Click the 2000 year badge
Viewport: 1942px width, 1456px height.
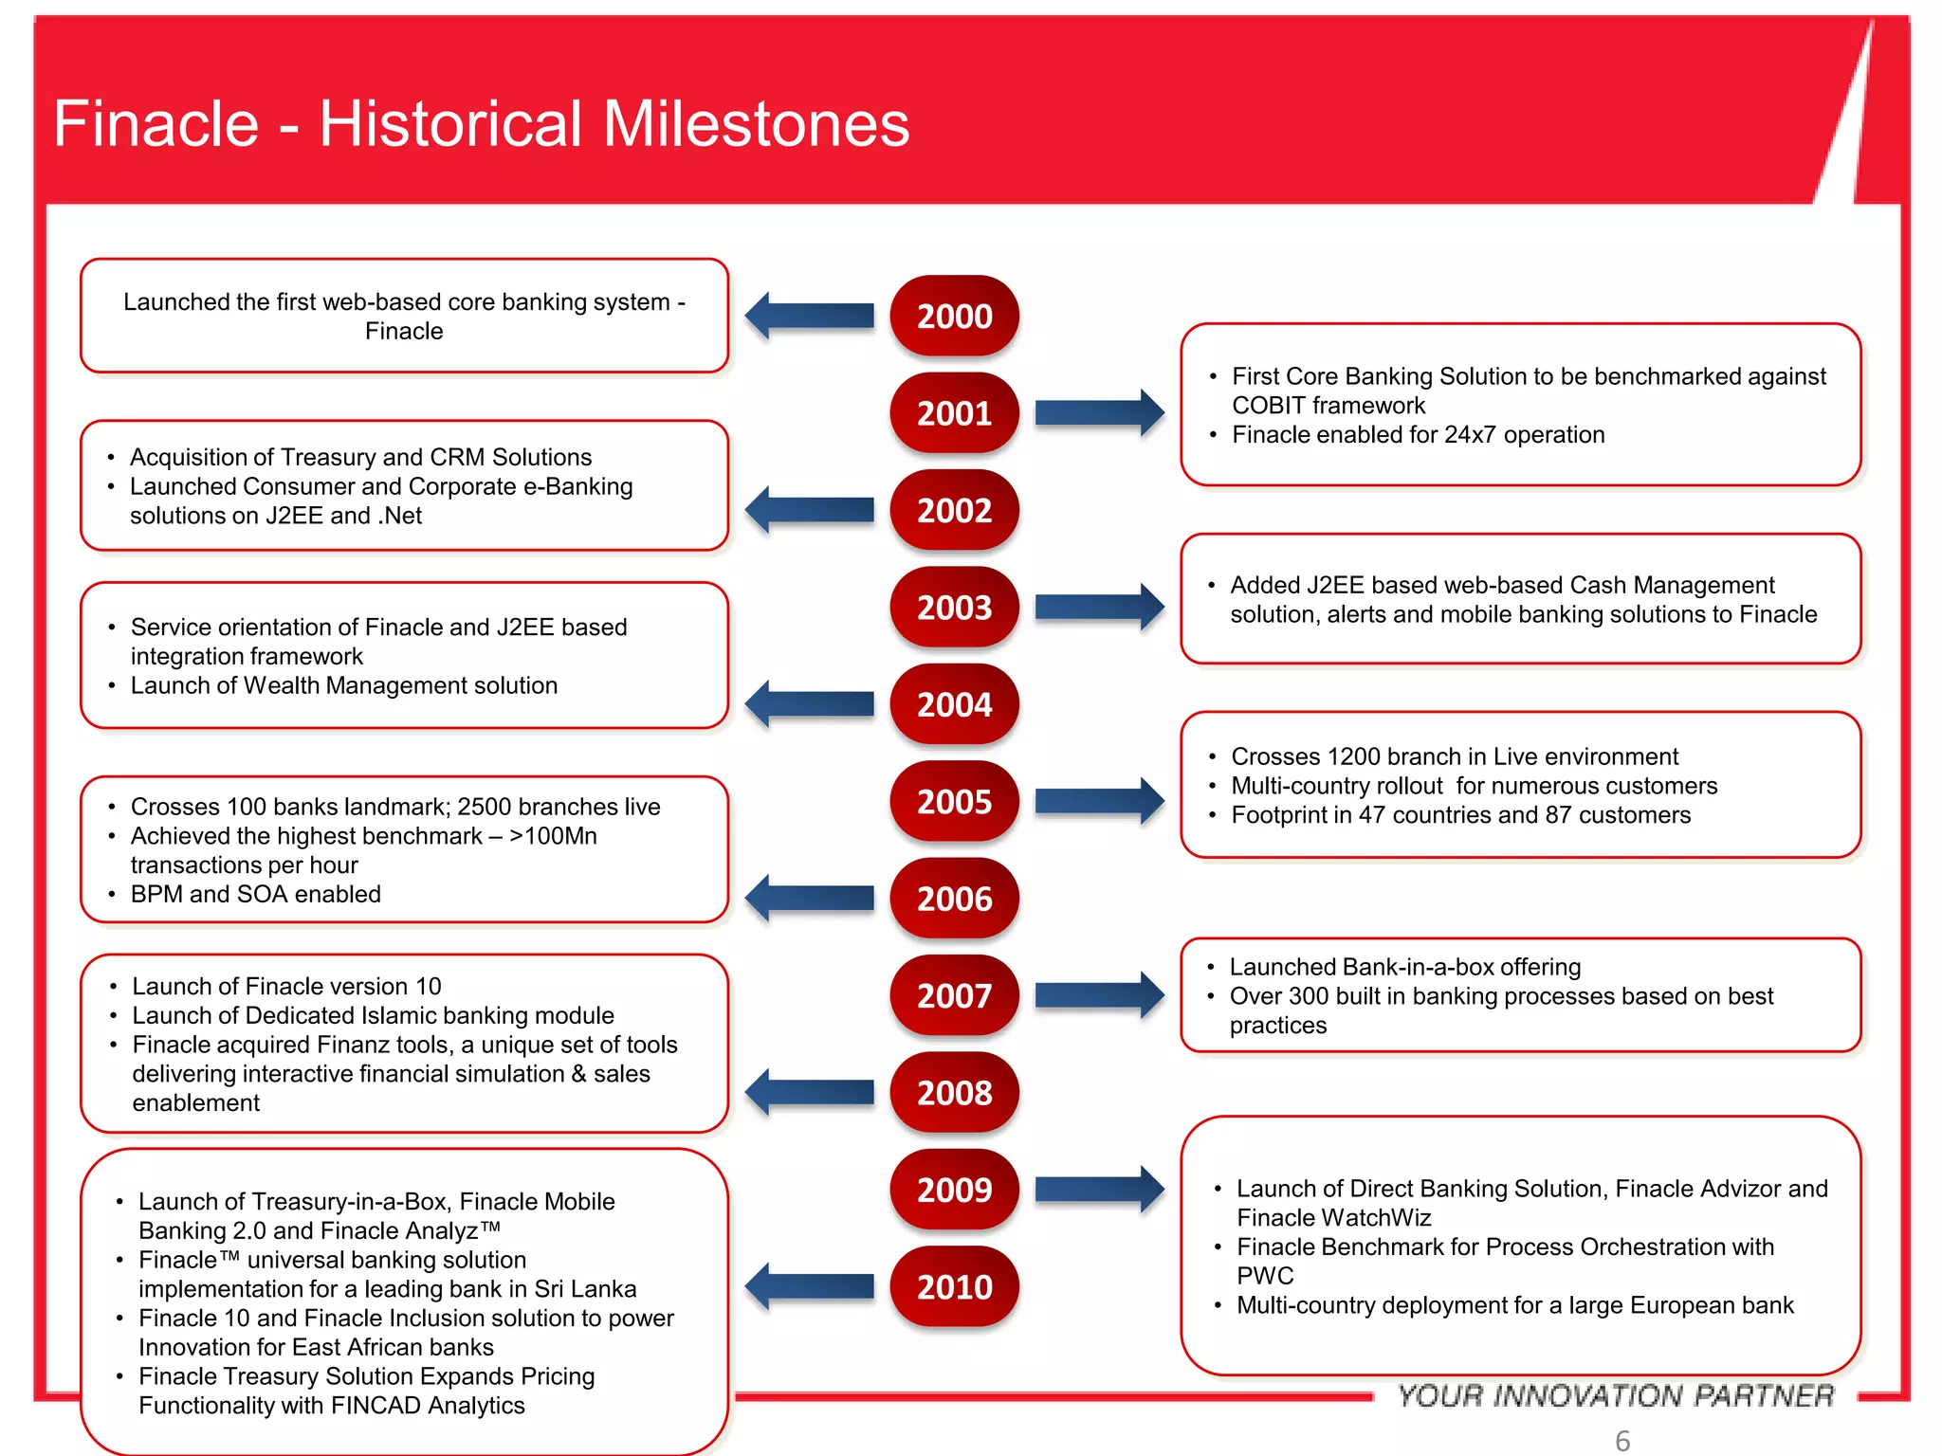(954, 316)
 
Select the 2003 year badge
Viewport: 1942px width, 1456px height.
(954, 607)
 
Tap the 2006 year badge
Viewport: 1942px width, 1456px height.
(954, 899)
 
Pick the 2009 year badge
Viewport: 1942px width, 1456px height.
(954, 1190)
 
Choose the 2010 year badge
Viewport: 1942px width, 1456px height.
(954, 1286)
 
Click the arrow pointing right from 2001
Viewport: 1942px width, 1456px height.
(1098, 412)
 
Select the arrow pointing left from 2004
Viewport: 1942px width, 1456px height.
(810, 704)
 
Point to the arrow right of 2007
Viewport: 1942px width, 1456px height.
(1098, 995)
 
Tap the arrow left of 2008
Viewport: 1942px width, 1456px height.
(810, 1093)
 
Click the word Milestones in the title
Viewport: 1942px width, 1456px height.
(756, 124)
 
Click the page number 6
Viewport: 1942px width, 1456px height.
(1622, 1440)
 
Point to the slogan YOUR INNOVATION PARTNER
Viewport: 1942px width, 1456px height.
(1616, 1395)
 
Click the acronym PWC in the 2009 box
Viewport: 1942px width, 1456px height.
(1265, 1276)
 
